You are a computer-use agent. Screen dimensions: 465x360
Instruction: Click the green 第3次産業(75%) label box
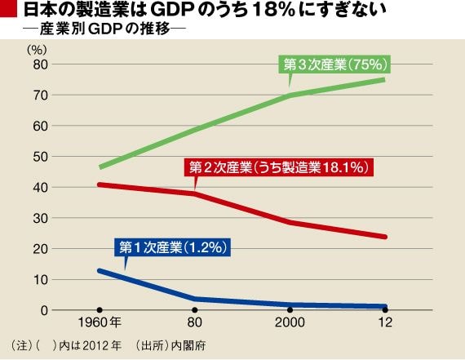coord(334,64)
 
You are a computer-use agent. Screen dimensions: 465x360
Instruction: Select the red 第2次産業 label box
coord(279,167)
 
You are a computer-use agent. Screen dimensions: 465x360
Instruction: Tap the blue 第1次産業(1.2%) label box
coord(173,247)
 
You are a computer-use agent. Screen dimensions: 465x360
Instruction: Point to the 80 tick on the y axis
coord(40,64)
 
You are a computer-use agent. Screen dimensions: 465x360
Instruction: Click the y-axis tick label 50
coord(40,157)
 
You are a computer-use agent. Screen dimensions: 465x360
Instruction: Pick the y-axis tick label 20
coord(40,249)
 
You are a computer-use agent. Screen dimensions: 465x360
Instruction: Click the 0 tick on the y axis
coord(44,310)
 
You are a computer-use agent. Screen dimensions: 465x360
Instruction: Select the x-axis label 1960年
coord(100,322)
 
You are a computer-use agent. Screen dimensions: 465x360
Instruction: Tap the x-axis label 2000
coord(290,322)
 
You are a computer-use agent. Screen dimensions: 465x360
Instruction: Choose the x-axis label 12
coord(385,322)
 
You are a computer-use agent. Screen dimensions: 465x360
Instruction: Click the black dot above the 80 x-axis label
coord(194,310)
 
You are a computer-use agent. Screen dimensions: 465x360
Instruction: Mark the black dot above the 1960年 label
coord(100,310)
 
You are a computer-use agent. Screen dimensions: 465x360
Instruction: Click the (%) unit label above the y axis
coord(37,50)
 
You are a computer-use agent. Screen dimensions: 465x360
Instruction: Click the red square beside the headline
coord(8,8)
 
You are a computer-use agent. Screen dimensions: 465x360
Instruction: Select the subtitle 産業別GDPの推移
coord(105,29)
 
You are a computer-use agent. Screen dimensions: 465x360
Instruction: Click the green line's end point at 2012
coord(384,79)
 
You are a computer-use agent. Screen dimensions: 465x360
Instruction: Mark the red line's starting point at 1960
coord(100,184)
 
